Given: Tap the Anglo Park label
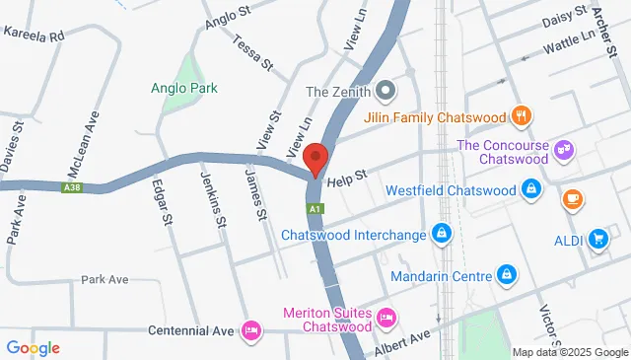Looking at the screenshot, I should [184, 88].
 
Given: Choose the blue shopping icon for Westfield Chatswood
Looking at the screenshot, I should [530, 188].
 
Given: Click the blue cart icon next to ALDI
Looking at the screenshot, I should [597, 238].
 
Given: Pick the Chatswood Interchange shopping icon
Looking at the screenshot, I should [442, 235].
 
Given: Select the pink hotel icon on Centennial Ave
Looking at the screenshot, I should [250, 327].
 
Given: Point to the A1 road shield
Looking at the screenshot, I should [315, 209].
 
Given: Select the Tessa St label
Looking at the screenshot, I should [253, 50].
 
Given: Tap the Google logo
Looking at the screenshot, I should [34, 347].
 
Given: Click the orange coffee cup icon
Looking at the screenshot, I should [571, 198].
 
